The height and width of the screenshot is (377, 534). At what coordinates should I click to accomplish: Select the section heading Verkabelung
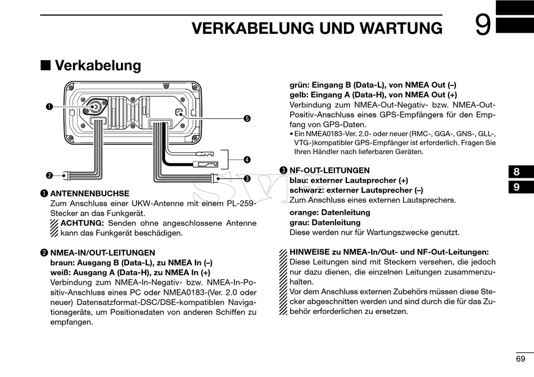click(x=98, y=65)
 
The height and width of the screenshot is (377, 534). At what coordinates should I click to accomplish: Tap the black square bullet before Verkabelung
click(x=45, y=65)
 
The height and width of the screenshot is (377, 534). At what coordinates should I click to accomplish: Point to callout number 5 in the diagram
click(x=247, y=119)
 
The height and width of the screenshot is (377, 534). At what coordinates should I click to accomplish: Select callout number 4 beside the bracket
click(x=247, y=160)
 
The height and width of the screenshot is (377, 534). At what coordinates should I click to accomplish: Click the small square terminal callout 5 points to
click(x=179, y=113)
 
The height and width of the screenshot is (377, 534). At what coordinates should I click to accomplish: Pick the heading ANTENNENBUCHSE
click(x=89, y=193)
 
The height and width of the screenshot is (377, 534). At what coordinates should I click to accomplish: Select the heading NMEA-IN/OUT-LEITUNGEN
click(x=102, y=253)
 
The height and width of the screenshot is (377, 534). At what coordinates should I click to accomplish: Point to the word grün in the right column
click(x=299, y=85)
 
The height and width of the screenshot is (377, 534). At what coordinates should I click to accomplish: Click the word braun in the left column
click(x=62, y=263)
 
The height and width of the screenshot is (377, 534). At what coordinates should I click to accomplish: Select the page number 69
click(x=521, y=359)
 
